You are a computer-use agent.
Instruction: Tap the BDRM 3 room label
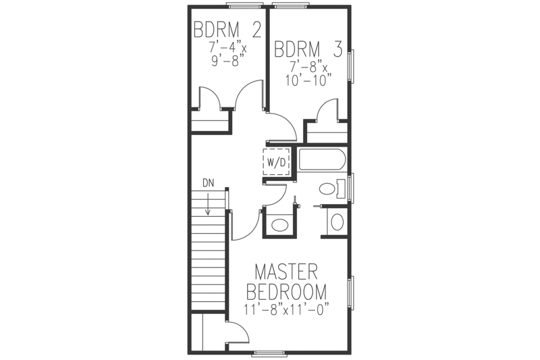point(308,49)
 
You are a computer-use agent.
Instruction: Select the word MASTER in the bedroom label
point(286,274)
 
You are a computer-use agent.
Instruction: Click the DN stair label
point(207,182)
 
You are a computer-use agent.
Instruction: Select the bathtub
point(322,161)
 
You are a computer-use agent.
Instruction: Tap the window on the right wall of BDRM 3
point(350,67)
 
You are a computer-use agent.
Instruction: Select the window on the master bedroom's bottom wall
point(270,353)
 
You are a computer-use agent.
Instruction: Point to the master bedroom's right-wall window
point(350,292)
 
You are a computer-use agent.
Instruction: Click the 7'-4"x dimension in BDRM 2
point(227,49)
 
